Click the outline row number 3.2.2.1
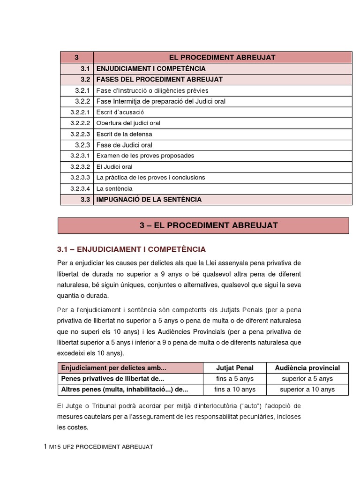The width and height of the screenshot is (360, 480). (x=79, y=112)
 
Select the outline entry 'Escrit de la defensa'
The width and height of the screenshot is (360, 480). (x=124, y=134)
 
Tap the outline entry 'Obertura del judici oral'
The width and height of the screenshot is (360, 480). (x=128, y=123)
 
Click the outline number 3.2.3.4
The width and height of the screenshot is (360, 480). (x=79, y=188)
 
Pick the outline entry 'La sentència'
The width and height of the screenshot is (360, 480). (x=114, y=188)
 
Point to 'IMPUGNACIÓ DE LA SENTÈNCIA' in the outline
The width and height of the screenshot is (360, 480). (x=149, y=199)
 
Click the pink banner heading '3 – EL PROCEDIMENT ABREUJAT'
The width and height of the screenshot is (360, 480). (x=203, y=225)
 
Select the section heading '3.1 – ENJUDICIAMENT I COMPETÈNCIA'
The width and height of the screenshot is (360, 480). (x=131, y=249)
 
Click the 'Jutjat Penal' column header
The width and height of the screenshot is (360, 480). (x=234, y=367)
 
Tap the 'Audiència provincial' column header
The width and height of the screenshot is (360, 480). (x=307, y=367)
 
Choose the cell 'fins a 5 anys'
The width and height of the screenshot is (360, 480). (x=234, y=378)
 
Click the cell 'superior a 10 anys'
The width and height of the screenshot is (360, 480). (x=307, y=389)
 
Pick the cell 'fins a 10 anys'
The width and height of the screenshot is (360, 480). (x=234, y=389)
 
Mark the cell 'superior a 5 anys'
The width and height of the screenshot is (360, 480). (x=307, y=378)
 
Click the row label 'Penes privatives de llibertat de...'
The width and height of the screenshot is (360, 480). (x=112, y=378)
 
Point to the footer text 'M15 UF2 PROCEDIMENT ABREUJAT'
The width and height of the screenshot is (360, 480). (x=101, y=447)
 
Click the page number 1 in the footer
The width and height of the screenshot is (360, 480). (x=45, y=447)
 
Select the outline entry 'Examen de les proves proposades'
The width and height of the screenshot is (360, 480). (x=145, y=156)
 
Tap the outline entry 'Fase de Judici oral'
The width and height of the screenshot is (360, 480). (x=124, y=145)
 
